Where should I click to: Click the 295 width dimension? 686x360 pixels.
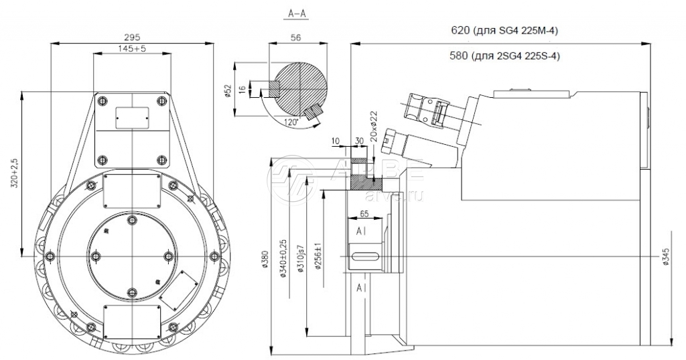133,37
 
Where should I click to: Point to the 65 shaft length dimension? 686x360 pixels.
364,213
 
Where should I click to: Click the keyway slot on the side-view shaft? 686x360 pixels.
364,255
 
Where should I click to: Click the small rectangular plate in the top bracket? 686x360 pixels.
133,116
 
